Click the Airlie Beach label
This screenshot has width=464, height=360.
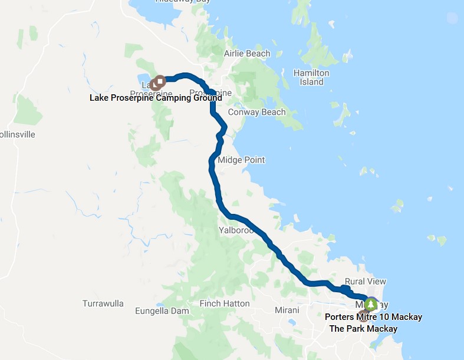247,54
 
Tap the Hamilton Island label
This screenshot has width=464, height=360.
311,77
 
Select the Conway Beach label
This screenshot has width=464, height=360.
256,112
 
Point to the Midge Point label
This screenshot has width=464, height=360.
241,160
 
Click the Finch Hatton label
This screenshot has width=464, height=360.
225,303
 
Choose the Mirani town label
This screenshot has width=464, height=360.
287,310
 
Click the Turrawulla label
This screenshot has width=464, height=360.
103,303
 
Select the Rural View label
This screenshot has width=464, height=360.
366,282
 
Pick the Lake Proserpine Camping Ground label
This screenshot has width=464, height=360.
156,98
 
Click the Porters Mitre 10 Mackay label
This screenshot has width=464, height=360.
373,317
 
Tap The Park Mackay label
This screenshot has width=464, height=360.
363,328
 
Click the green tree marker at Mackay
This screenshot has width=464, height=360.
371,305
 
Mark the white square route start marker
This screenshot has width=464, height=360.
160,80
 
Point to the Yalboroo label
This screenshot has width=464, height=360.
236,230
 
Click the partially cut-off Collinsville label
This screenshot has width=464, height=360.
18,134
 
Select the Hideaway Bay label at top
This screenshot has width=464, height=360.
182,2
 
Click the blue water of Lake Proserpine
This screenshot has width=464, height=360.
144,78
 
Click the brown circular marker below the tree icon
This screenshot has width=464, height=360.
363,311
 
